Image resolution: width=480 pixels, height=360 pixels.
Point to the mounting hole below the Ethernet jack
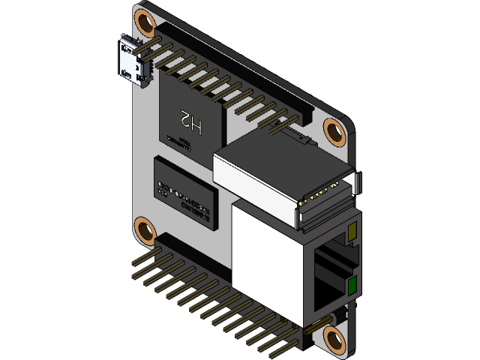(334, 339)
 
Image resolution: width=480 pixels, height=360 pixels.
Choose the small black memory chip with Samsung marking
(184, 192)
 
